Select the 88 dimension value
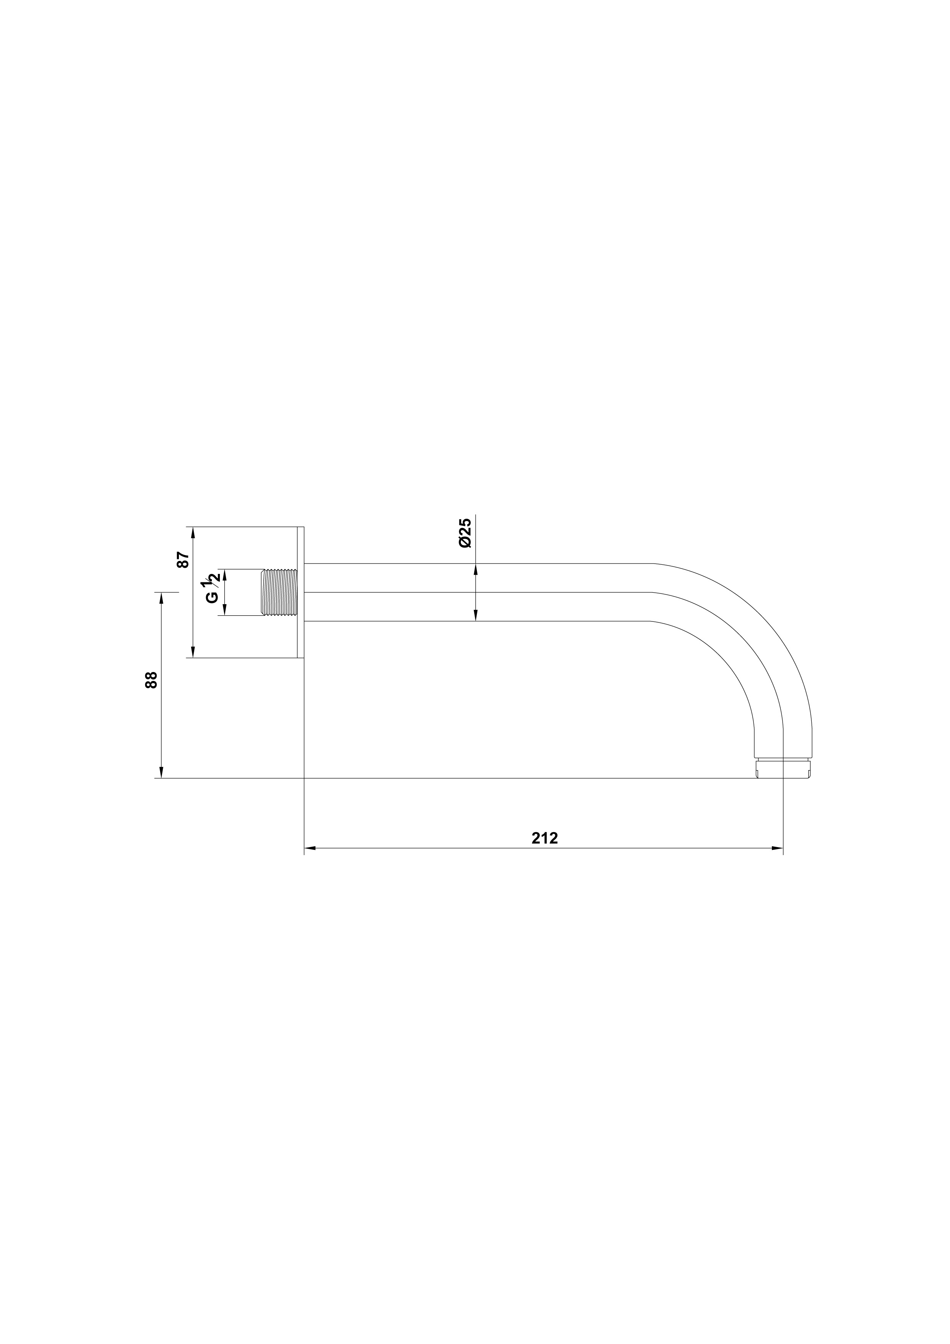(x=151, y=680)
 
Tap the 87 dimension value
(x=183, y=560)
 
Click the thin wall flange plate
(x=301, y=592)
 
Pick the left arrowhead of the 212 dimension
(x=310, y=847)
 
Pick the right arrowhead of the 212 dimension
(x=777, y=847)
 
